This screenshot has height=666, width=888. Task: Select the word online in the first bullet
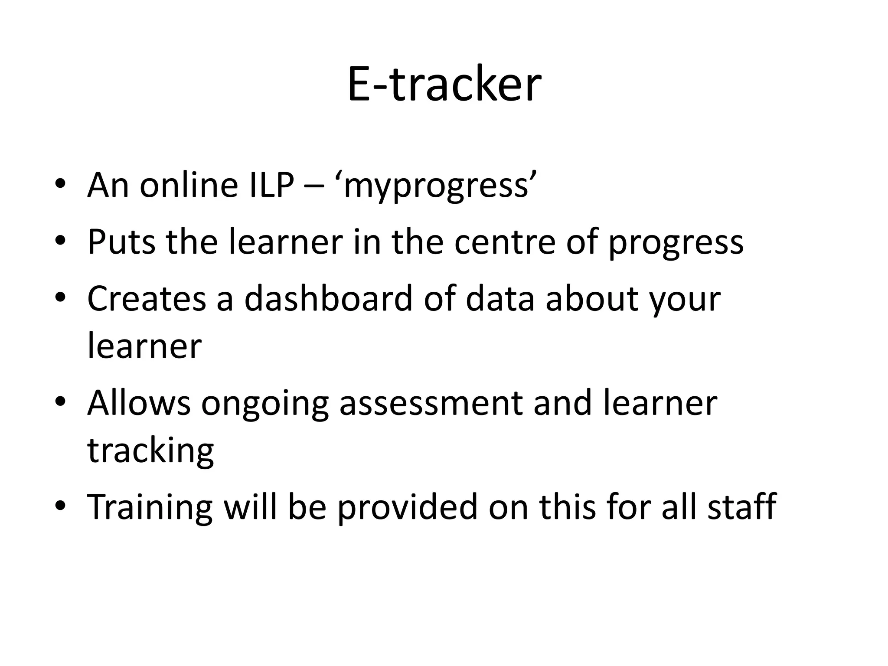click(x=189, y=185)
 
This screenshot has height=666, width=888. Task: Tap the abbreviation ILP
click(x=272, y=185)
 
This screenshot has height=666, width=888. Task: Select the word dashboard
click(x=328, y=299)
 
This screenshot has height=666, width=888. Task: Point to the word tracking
click(x=150, y=451)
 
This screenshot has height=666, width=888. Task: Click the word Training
click(x=150, y=507)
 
